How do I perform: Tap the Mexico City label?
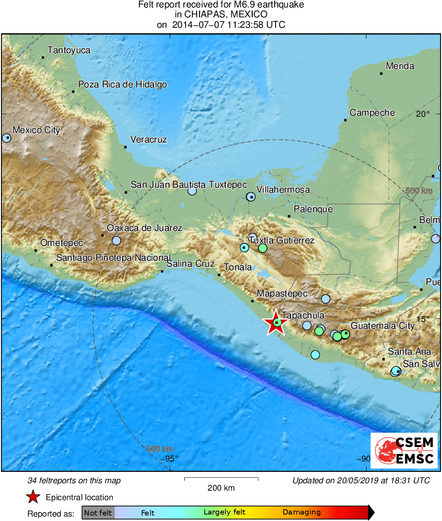[36, 130]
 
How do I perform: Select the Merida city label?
[400, 66]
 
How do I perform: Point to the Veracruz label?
[148, 140]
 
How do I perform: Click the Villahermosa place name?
[283, 190]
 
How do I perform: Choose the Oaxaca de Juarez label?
[145, 228]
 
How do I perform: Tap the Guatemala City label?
[382, 326]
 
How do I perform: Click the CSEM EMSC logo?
[404, 450]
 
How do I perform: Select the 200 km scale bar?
[221, 479]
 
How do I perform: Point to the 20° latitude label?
[423, 114]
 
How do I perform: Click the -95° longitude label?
[169, 458]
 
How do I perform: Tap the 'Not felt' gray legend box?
[98, 513]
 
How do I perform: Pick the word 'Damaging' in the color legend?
[301, 513]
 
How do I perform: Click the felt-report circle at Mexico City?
[6, 138]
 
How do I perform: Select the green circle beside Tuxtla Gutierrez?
[263, 248]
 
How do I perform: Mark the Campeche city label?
[372, 113]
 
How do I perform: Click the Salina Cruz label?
[190, 264]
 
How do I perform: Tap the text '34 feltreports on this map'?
[74, 480]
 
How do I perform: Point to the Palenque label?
[313, 209]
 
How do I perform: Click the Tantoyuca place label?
[69, 50]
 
